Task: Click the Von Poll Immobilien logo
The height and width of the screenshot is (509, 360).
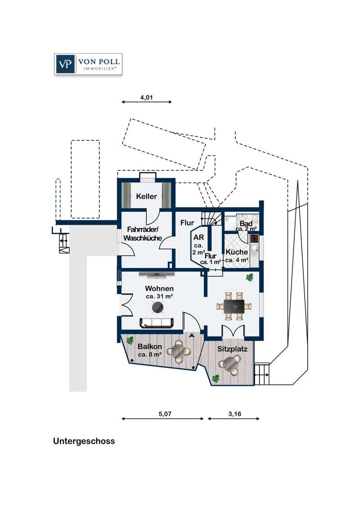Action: coord(88,64)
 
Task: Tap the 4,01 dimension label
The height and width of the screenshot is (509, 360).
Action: coord(147,97)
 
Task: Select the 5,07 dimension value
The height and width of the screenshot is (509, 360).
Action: coord(165,414)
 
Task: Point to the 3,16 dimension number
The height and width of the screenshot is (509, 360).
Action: coord(235,414)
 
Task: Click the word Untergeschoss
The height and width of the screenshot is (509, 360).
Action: coord(84,441)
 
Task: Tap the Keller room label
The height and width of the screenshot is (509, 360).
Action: coord(147,196)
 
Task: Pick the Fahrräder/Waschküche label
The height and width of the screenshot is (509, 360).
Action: coord(143,233)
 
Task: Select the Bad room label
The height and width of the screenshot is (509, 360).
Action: coord(246,223)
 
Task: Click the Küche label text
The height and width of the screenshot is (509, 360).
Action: coord(237,252)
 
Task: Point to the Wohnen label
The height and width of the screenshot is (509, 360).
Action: coord(159,288)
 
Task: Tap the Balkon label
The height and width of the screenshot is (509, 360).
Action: coord(150,346)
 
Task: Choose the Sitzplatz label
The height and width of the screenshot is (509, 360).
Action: coord(232,349)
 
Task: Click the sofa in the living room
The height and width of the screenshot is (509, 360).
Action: coord(157,323)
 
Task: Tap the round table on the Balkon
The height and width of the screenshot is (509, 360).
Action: coord(179,351)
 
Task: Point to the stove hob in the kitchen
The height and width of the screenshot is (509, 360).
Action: coord(254,239)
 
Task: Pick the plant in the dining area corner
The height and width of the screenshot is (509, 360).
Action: coord(250,277)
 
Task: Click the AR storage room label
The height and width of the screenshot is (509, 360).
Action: coord(198,237)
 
